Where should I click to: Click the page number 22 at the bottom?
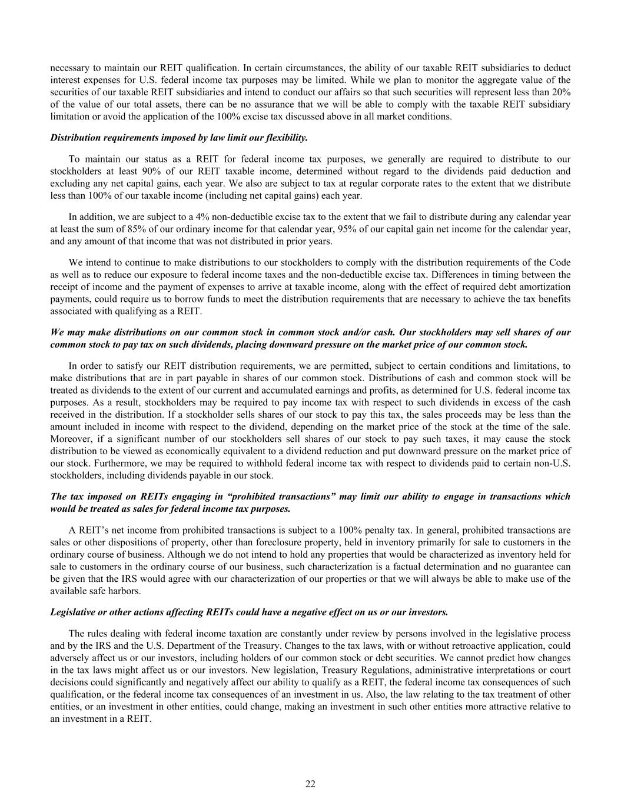click(x=310, y=784)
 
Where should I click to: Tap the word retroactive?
click(x=429, y=645)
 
